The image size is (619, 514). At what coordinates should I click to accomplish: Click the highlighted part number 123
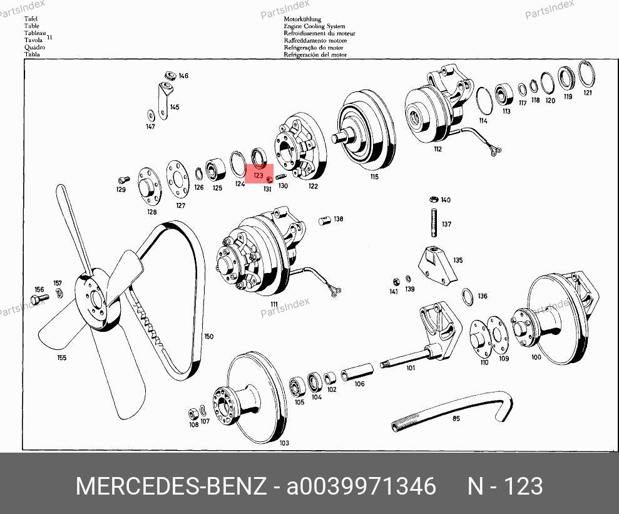tap(258, 175)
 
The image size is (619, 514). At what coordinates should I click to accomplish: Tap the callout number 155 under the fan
tap(61, 357)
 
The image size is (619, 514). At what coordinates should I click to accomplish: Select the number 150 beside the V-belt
tap(209, 336)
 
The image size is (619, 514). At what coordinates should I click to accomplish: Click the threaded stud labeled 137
tap(434, 223)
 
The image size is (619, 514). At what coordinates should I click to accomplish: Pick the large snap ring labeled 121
tap(586, 74)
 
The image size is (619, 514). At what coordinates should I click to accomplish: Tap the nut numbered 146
tap(170, 75)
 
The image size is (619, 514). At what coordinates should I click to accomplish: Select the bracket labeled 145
tap(163, 101)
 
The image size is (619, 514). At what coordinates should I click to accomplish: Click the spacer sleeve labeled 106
tap(357, 372)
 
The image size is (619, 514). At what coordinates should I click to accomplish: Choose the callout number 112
tap(437, 149)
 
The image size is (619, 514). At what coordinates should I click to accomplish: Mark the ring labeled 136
tap(468, 297)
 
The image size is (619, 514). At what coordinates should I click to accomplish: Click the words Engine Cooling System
tap(314, 26)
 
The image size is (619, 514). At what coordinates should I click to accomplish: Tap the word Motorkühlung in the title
tap(302, 19)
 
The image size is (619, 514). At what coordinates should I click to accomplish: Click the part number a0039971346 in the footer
tap(361, 486)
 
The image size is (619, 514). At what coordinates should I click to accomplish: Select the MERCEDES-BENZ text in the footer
tap(171, 486)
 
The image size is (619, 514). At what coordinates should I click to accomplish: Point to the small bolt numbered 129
tap(123, 180)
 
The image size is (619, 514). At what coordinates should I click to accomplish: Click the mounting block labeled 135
tap(437, 264)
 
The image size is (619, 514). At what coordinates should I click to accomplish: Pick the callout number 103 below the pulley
tap(284, 443)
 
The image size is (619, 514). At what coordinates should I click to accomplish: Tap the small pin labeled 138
tap(324, 220)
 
